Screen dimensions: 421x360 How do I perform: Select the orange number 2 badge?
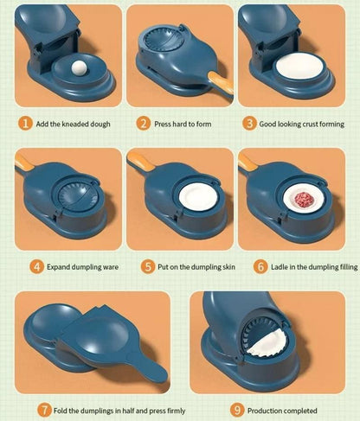[x=145, y=124]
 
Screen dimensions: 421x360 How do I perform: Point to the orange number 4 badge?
[x=37, y=266]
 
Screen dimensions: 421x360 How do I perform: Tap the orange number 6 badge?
[x=260, y=266]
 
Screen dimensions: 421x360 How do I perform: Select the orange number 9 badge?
[x=236, y=410]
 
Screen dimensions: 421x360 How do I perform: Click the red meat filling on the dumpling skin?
[x=301, y=199]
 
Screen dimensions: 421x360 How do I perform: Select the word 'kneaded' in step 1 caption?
[x=75, y=124]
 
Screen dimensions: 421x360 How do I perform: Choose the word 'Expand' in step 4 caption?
[x=61, y=266]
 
